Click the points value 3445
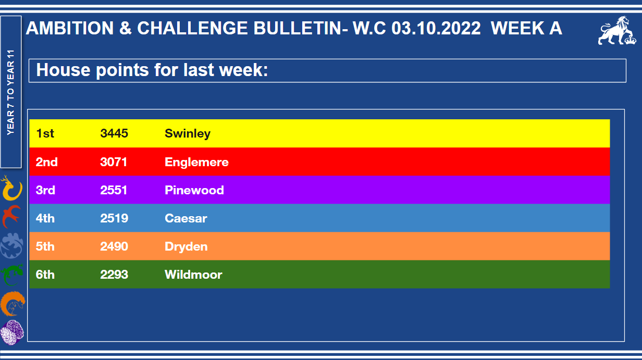click(x=114, y=133)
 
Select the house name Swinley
click(x=188, y=134)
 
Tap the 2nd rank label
click(x=47, y=162)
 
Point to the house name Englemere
click(x=196, y=162)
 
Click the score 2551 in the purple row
click(x=114, y=190)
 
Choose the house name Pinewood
click(x=194, y=190)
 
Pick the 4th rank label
click(x=45, y=218)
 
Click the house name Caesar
click(x=186, y=218)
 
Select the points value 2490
click(x=114, y=246)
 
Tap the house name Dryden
click(x=186, y=247)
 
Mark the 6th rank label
click(x=45, y=275)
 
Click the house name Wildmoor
click(x=193, y=275)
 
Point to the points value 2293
click(x=114, y=275)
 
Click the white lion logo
click(x=617, y=31)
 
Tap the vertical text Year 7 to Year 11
click(x=10, y=92)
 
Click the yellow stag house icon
click(x=11, y=188)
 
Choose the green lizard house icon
click(x=12, y=275)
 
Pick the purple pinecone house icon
click(x=12, y=332)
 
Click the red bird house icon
click(x=11, y=216)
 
